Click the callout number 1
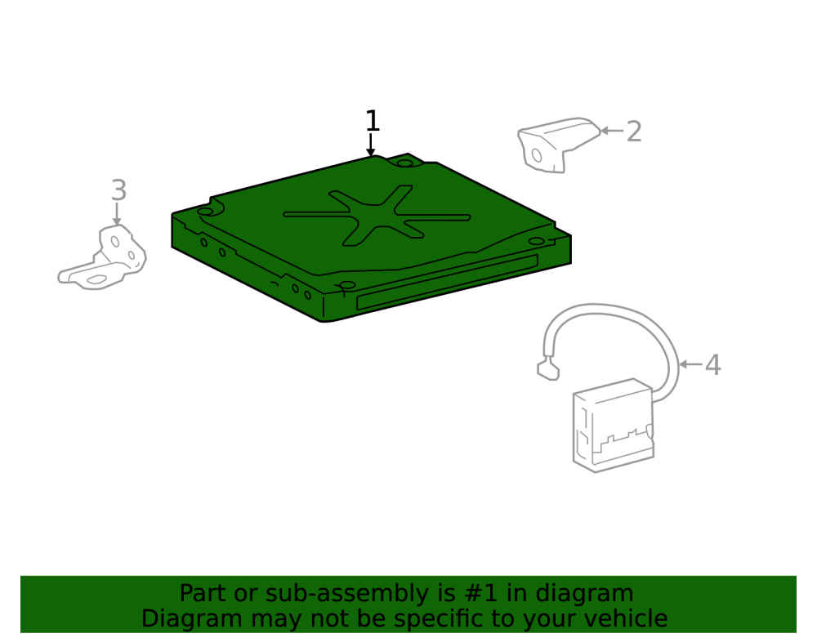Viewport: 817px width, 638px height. click(x=372, y=121)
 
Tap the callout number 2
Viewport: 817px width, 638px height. click(x=634, y=132)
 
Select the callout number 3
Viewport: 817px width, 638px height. click(x=118, y=190)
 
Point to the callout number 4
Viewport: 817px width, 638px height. click(x=712, y=364)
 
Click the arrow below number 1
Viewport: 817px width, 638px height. click(x=370, y=145)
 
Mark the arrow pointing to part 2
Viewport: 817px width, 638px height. click(x=612, y=131)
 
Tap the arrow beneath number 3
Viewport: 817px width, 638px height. click(x=117, y=214)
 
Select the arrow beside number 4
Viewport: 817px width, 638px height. click(x=691, y=364)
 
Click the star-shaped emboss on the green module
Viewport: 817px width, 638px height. click(x=377, y=215)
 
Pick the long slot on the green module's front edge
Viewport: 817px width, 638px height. click(x=447, y=283)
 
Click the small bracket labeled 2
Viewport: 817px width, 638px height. click(x=557, y=145)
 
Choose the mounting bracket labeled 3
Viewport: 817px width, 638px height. click(x=102, y=258)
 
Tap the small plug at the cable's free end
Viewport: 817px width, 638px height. click(x=548, y=368)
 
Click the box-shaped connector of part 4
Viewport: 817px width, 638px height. click(x=614, y=426)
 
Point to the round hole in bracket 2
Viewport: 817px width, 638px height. click(x=536, y=155)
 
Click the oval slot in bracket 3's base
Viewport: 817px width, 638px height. click(x=96, y=279)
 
